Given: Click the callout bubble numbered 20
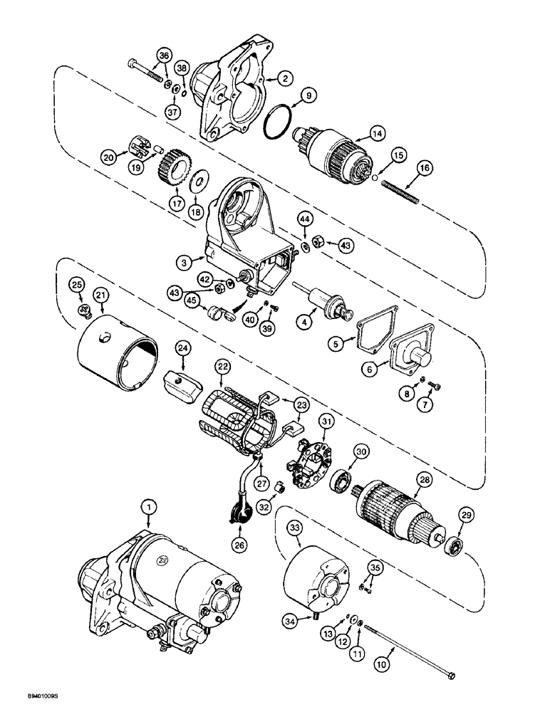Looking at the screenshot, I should point(108,157).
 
